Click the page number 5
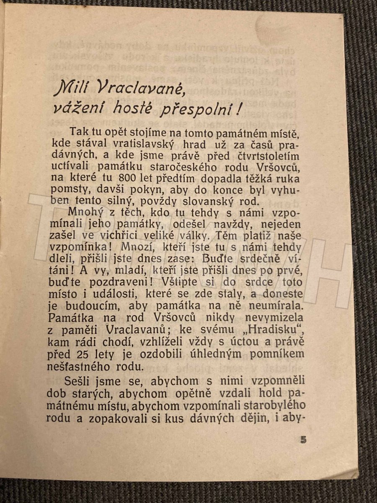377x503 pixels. pos(304,440)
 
